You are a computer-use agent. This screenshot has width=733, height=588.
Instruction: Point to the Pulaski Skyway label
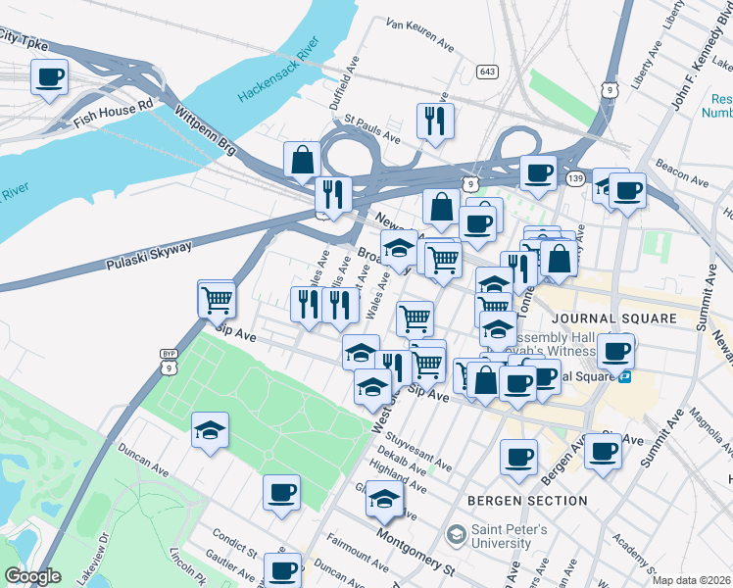(x=150, y=255)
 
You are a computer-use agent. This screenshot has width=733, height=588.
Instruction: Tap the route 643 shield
(x=487, y=72)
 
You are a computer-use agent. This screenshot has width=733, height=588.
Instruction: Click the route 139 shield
(x=574, y=176)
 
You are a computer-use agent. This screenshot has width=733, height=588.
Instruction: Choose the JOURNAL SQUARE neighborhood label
(x=613, y=318)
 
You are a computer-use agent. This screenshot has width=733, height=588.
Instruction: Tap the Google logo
(x=31, y=576)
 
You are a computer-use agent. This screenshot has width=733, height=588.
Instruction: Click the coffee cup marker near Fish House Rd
(x=49, y=77)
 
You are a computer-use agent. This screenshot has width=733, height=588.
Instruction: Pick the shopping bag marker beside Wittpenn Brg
(x=303, y=159)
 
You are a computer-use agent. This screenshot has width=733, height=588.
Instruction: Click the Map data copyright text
(x=691, y=580)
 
